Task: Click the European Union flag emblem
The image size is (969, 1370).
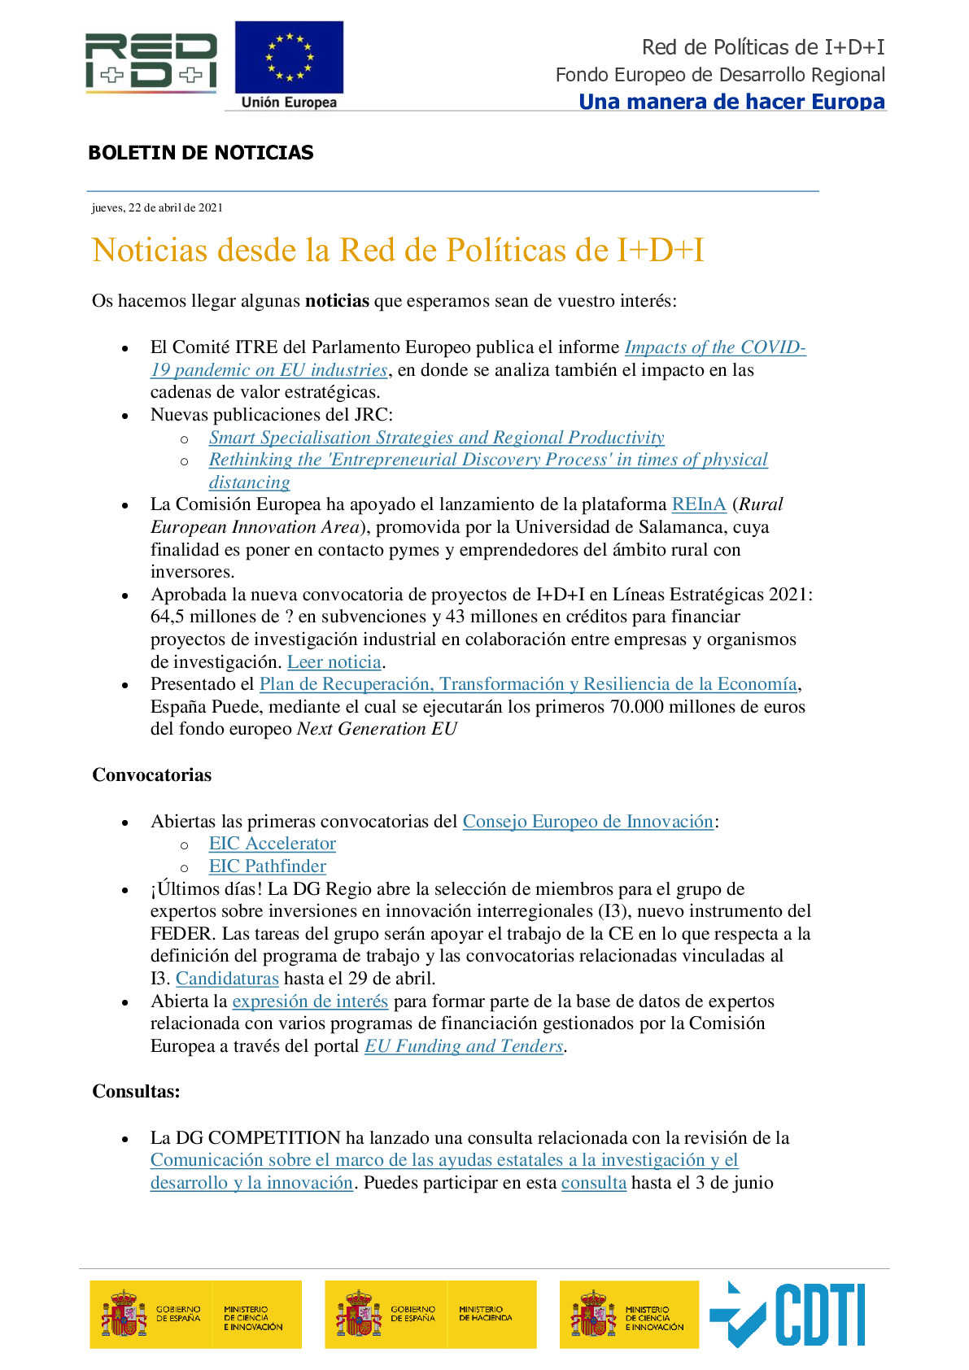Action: [x=289, y=58]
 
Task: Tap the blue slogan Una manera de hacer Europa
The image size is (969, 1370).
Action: [x=731, y=102]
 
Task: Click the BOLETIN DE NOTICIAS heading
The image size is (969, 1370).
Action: [x=200, y=153]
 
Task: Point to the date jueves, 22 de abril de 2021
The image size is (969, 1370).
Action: [x=157, y=207]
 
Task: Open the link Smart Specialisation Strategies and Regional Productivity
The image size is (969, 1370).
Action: [x=436, y=438]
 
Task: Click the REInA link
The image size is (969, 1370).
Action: [x=698, y=504]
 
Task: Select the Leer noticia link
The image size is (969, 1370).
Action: [x=334, y=662]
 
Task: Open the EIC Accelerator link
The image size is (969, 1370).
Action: [x=272, y=844]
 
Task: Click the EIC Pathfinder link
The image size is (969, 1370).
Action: [x=267, y=866]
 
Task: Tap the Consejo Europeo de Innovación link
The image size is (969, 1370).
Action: [x=587, y=822]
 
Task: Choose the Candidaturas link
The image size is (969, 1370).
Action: [x=227, y=979]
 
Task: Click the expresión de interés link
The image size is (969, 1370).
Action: [x=310, y=1001]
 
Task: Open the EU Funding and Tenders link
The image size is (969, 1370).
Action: [x=464, y=1046]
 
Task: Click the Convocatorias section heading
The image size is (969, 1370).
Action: [x=151, y=775]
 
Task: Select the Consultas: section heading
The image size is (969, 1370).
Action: [x=136, y=1092]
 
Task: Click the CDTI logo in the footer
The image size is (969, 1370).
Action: [x=788, y=1314]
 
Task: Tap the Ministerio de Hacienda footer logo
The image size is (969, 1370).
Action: [x=430, y=1314]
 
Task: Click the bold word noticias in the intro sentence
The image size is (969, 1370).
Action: [x=337, y=301]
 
